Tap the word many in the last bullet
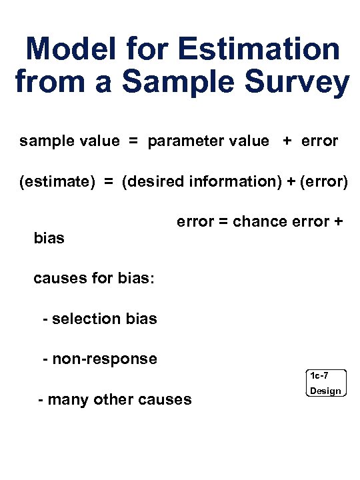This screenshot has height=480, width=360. tap(67, 399)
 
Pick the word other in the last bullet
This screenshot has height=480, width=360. tap(111, 399)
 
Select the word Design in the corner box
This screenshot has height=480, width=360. tap(325, 391)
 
